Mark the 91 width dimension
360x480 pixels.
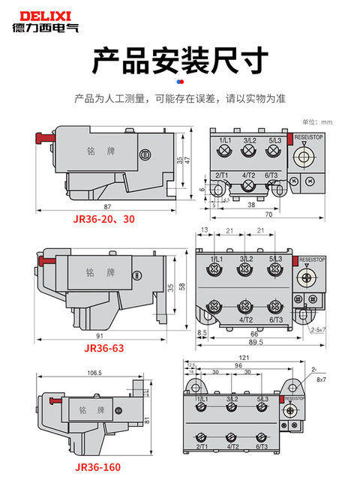100,335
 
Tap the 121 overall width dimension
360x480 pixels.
244,358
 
